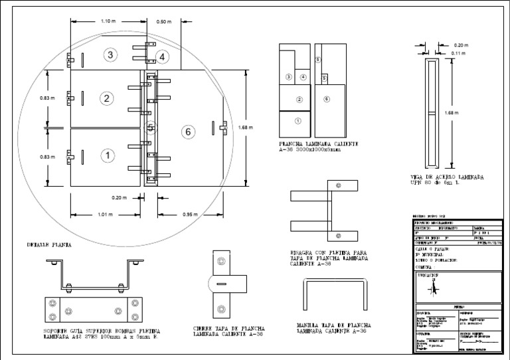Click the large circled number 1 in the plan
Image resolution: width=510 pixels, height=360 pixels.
tap(106, 155)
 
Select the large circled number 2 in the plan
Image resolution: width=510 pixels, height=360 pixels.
tap(106, 98)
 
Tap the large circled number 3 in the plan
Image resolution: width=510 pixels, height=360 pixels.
tap(111, 54)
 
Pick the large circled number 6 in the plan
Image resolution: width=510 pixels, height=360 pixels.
tap(188, 132)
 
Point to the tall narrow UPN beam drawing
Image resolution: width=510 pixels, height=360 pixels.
tap(433, 113)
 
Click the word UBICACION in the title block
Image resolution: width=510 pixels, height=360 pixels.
tap(430, 274)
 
